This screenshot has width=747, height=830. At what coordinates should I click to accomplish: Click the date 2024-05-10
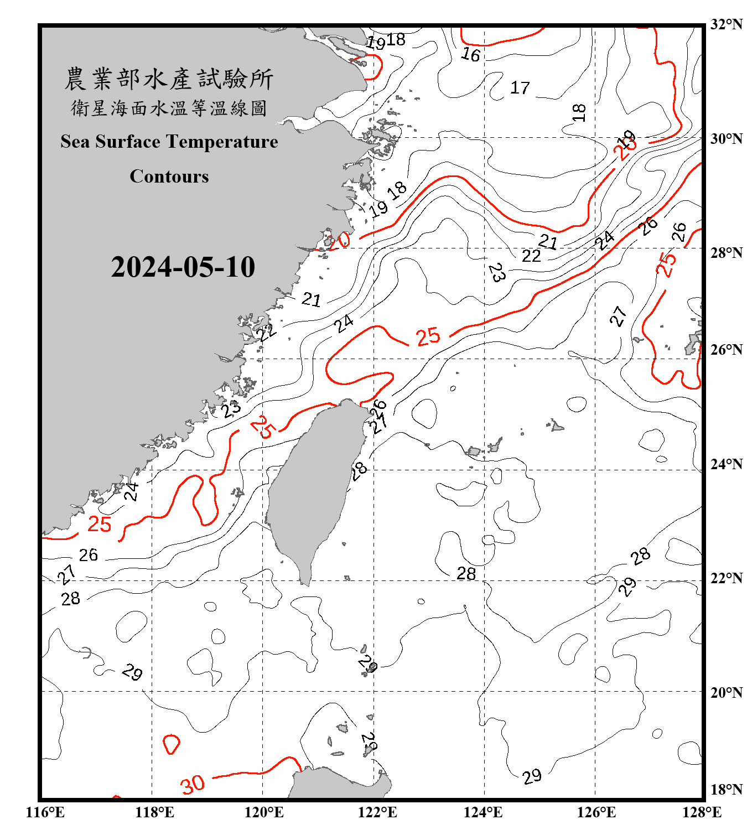pyautogui.click(x=183, y=267)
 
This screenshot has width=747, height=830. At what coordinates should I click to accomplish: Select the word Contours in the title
pyautogui.click(x=169, y=177)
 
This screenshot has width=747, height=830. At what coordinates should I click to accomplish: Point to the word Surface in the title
pyautogui.click(x=128, y=142)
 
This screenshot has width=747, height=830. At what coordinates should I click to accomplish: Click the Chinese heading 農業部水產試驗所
pyautogui.click(x=169, y=79)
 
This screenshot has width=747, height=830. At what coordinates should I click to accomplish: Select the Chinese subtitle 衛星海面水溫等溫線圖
pyautogui.click(x=169, y=108)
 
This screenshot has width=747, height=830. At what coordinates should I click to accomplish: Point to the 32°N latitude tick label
pyautogui.click(x=726, y=24)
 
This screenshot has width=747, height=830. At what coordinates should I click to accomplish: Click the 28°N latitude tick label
pyautogui.click(x=726, y=253)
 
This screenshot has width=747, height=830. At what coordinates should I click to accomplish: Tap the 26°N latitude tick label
pyautogui.click(x=726, y=350)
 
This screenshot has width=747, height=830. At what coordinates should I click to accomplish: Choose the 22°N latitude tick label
pyautogui.click(x=726, y=578)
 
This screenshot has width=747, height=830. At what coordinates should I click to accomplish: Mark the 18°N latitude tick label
pyautogui.click(x=726, y=790)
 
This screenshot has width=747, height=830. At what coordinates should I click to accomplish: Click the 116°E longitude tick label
pyautogui.click(x=45, y=812)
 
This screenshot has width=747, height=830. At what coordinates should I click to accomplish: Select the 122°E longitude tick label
pyautogui.click(x=377, y=812)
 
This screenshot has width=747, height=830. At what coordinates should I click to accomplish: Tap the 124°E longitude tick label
pyautogui.click(x=483, y=812)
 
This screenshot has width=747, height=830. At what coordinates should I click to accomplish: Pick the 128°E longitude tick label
pyautogui.click(x=702, y=812)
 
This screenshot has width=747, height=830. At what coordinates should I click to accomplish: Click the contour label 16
pyautogui.click(x=471, y=54)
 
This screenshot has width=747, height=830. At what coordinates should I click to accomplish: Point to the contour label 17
pyautogui.click(x=520, y=87)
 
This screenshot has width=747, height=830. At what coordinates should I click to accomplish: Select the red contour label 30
pyautogui.click(x=193, y=784)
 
